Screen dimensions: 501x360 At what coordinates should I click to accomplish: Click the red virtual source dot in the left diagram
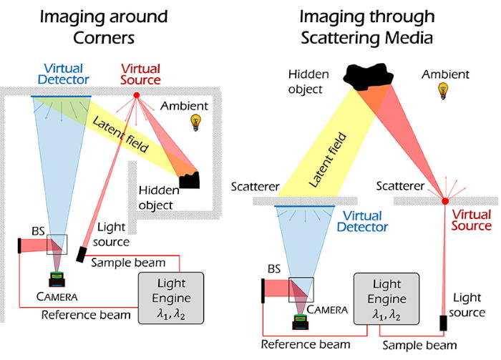click(137, 95)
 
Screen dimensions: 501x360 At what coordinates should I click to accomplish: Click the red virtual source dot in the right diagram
click(445, 201)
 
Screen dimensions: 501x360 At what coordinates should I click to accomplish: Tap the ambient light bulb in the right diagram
click(443, 91)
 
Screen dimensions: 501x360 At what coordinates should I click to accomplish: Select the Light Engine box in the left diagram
click(171, 298)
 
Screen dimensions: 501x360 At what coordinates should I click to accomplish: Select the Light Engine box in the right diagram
click(386, 298)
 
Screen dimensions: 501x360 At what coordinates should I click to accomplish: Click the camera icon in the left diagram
click(57, 279)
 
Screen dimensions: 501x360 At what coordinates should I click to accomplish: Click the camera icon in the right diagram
click(301, 321)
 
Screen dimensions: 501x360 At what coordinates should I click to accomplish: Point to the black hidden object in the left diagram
click(190, 180)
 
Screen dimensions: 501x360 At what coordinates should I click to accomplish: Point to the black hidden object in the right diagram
click(369, 76)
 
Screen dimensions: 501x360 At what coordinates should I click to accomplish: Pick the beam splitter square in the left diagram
click(57, 244)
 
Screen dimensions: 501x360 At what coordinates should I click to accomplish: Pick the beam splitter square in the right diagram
click(301, 290)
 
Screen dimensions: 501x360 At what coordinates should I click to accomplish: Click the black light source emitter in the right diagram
click(443, 323)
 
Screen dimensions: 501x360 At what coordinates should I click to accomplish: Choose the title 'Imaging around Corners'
click(104, 26)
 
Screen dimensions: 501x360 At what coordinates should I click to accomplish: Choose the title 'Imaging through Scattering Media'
click(366, 26)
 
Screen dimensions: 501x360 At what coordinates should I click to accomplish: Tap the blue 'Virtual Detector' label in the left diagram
click(63, 74)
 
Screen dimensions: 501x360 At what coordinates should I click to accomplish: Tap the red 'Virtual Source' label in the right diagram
click(471, 220)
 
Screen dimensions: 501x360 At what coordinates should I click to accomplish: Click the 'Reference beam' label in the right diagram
click(306, 344)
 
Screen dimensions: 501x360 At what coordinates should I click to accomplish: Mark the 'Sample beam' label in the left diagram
click(128, 263)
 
